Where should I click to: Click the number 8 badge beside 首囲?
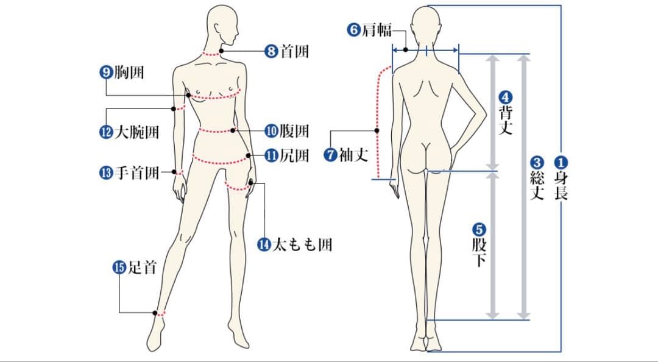pyautogui.click(x=272, y=51)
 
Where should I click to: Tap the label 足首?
pyautogui.click(x=142, y=267)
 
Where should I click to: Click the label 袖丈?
pyautogui.click(x=353, y=155)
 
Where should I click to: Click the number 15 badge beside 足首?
pyautogui.click(x=119, y=267)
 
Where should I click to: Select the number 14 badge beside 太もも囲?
pyautogui.click(x=264, y=245)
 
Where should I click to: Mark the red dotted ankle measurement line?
pyautogui.click(x=160, y=314)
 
